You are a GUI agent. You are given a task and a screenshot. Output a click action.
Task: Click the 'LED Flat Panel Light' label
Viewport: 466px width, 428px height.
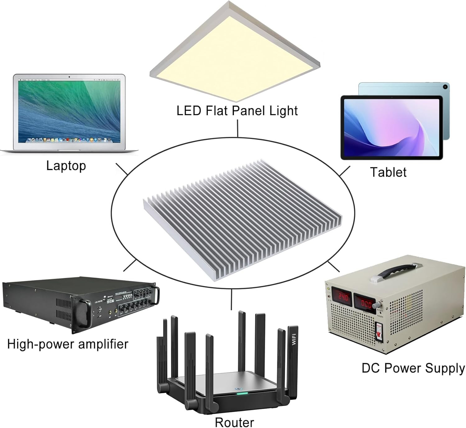tap(237, 111)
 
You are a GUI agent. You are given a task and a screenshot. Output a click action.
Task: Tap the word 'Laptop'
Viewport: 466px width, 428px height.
tap(66, 166)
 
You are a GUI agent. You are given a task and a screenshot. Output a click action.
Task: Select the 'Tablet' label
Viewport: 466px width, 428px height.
tap(388, 172)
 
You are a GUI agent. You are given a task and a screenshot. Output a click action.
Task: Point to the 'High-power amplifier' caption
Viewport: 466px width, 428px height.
tap(68, 344)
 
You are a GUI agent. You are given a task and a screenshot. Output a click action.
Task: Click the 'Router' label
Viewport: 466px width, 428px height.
tap(234, 422)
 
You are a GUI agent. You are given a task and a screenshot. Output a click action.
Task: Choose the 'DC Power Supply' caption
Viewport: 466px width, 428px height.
tap(413, 368)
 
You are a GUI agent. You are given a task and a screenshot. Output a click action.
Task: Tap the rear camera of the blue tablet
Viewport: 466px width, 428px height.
tap(445, 87)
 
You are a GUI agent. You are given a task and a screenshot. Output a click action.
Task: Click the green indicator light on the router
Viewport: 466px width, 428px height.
tap(242, 393)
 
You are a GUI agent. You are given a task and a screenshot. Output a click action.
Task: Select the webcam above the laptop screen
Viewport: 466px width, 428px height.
tap(69, 77)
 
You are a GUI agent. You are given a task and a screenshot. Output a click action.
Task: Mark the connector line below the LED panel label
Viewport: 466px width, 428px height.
tap(238, 128)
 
